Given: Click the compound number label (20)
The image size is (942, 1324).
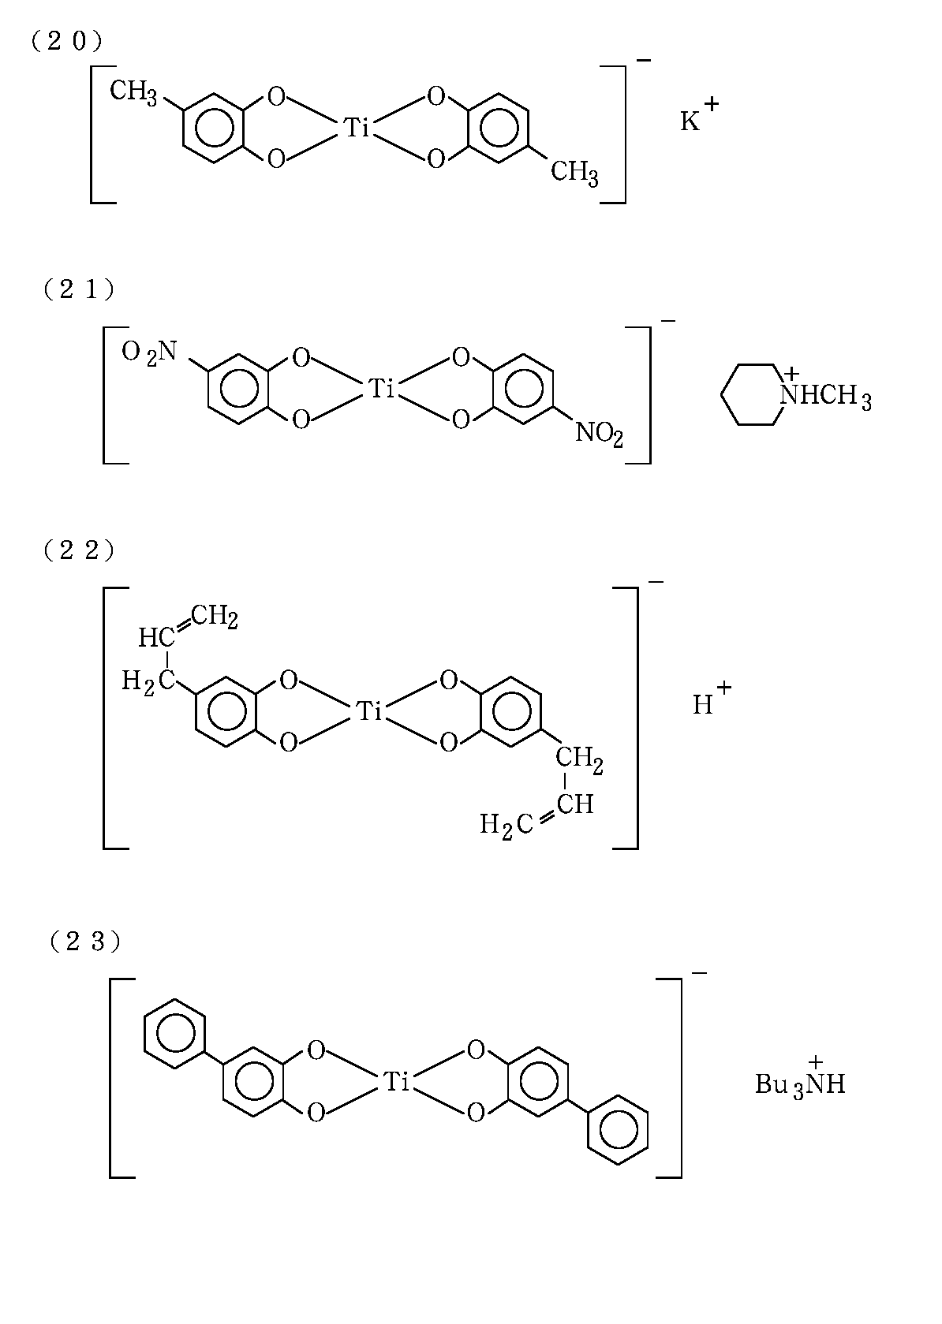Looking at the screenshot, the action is tap(67, 42).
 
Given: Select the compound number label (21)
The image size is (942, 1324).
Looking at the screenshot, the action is tap(79, 289).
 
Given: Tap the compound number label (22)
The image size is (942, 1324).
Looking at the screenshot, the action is tap(79, 550).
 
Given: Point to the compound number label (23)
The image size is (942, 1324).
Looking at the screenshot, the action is tap(84, 941).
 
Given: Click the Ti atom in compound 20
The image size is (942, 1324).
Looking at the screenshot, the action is tap(357, 128).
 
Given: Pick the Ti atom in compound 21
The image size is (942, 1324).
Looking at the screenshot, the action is tap(382, 388).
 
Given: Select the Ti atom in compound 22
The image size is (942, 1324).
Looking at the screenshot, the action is tap(369, 711).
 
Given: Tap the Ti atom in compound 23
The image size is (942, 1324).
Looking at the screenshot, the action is tap(395, 1082).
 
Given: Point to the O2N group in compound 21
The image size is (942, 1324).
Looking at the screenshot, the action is tap(150, 352).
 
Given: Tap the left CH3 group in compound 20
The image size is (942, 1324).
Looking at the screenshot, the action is tap(133, 92).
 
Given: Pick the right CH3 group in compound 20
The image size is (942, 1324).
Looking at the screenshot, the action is tap(574, 173).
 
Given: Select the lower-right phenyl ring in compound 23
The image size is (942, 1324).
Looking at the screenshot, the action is tap(619, 1129).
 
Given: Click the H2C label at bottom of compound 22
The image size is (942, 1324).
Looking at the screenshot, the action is tap(502, 826).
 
